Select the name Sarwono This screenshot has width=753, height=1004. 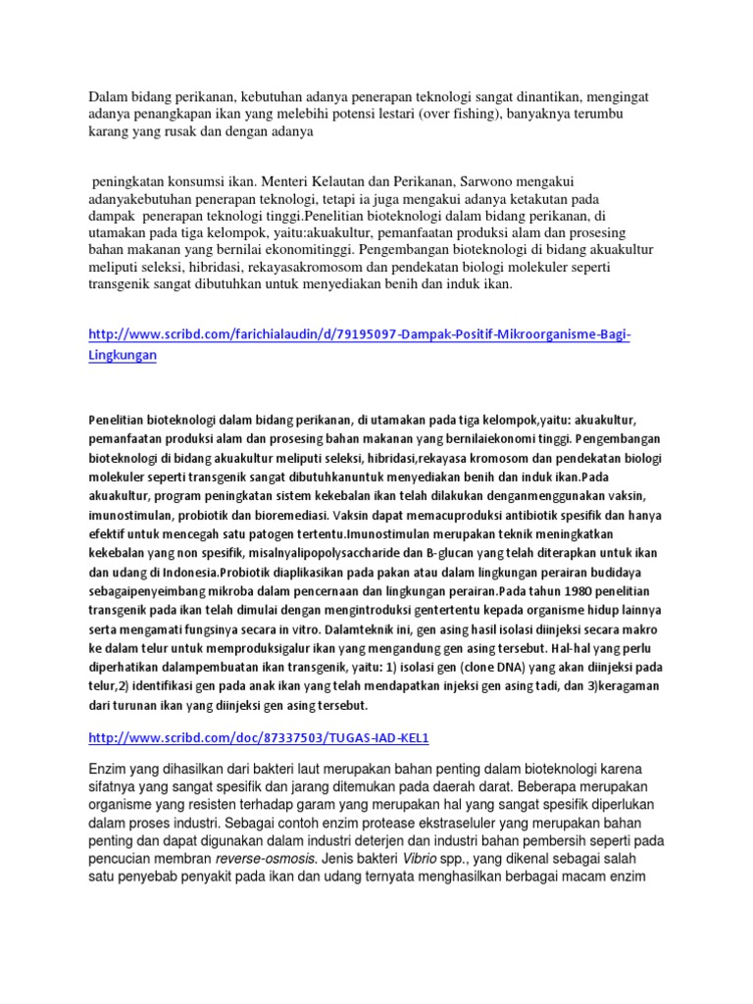click(x=483, y=181)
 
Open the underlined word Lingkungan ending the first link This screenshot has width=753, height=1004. click(x=123, y=356)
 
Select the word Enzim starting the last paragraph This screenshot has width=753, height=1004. click(x=110, y=767)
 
